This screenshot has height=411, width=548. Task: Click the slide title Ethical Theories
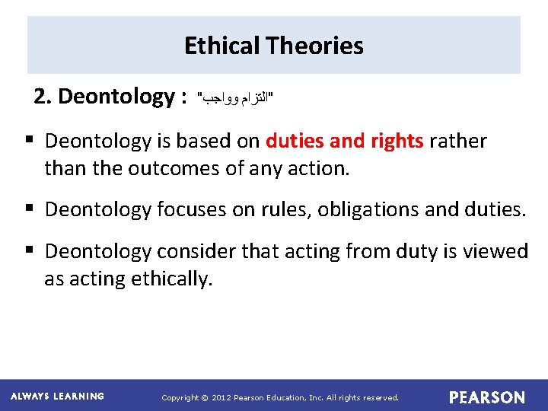coord(273,46)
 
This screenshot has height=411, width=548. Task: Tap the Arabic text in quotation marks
coord(235,98)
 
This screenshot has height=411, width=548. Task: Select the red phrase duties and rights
coord(344,141)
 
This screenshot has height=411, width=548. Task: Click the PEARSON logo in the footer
coord(487,397)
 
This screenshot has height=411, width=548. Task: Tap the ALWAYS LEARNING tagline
coord(58,397)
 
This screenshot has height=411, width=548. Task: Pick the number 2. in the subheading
coord(43,97)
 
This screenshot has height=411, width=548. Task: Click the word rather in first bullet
coord(458,141)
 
